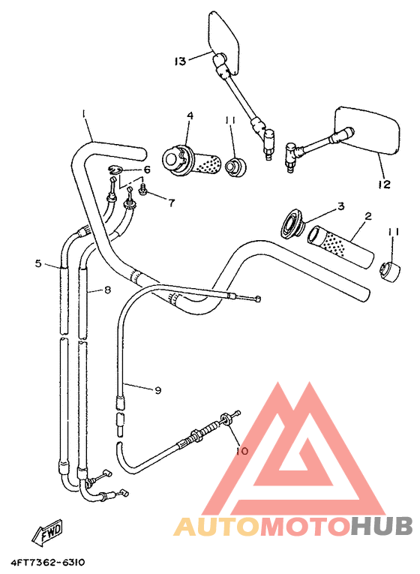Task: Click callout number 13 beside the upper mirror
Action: pyautogui.click(x=180, y=62)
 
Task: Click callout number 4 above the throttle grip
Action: pyautogui.click(x=190, y=116)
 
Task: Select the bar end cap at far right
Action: pyautogui.click(x=388, y=271)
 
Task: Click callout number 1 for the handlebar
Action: pyautogui.click(x=85, y=114)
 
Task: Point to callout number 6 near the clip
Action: pyautogui.click(x=147, y=170)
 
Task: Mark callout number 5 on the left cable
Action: pyautogui.click(x=37, y=263)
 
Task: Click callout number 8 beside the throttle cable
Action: pyautogui.click(x=107, y=290)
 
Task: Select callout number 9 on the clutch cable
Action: pyautogui.click(x=157, y=390)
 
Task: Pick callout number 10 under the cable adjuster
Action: pyautogui.click(x=241, y=451)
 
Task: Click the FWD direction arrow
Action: pyautogui.click(x=46, y=533)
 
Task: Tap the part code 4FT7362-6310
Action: pyautogui.click(x=48, y=561)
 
